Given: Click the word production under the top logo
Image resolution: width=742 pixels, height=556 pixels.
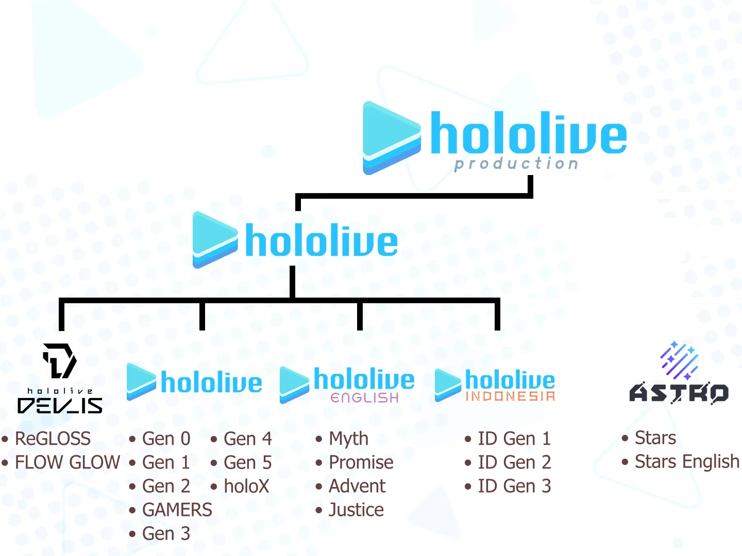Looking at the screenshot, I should point(516,164).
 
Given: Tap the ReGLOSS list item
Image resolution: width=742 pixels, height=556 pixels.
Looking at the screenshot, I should point(53,439).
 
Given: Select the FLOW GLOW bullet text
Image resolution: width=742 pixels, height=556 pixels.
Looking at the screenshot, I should point(67,462).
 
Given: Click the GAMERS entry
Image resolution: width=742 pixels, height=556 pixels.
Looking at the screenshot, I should point(177,510).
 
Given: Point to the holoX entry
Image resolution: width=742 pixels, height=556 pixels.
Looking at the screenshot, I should point(246,486).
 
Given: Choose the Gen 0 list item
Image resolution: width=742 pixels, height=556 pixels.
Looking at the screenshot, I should point(166,439).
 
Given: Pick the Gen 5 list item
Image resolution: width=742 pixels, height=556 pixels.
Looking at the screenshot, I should point(247,462).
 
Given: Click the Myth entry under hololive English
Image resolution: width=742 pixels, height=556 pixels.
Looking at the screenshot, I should point(348,439).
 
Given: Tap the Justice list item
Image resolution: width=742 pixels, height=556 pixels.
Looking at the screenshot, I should point(356,510).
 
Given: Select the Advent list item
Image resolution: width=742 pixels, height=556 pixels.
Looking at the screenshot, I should point(357,486).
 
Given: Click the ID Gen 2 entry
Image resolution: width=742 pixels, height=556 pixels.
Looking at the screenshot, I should point(514,462).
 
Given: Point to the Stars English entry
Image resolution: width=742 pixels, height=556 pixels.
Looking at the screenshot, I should point(686,461).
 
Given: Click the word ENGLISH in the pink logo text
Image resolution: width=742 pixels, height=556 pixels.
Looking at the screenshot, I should point(364,397).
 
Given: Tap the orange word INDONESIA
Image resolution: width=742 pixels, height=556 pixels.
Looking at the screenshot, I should point(510,396).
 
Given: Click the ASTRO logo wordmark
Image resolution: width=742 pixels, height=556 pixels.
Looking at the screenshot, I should point(679,393).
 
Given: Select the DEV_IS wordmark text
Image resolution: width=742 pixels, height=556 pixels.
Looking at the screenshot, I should point(60,406).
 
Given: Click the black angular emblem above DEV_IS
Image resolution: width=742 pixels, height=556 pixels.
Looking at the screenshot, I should point(60,360).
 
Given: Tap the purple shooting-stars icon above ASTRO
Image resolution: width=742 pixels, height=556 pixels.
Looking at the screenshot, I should point(679,359).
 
